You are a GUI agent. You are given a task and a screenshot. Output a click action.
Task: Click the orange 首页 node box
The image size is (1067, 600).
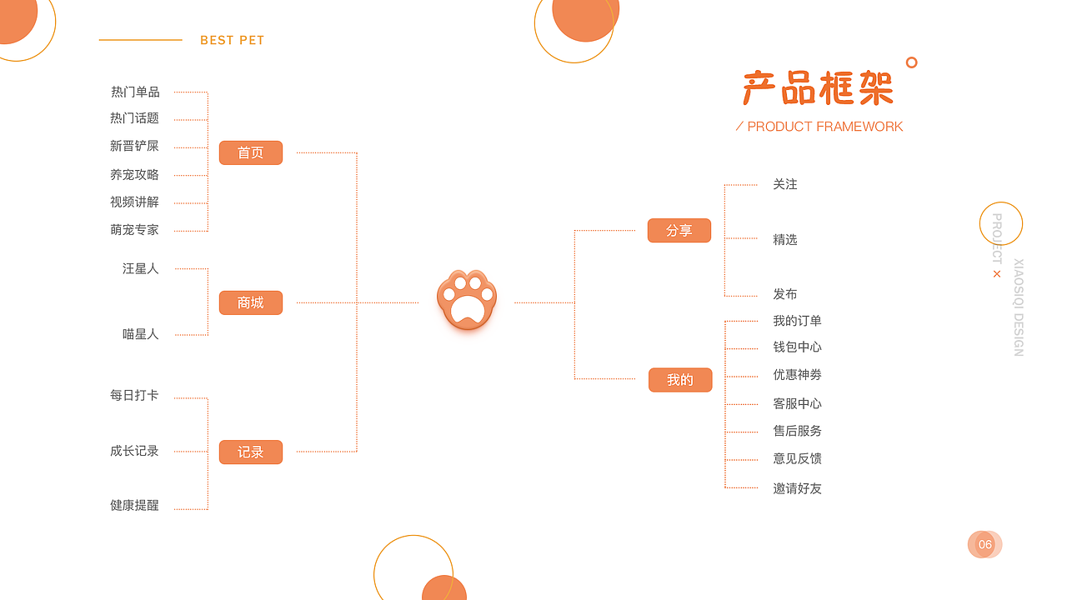click(x=250, y=152)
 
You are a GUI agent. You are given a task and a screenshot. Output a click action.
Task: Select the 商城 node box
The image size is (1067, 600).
click(x=250, y=302)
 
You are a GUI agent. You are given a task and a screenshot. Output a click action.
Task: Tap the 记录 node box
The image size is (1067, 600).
click(x=250, y=452)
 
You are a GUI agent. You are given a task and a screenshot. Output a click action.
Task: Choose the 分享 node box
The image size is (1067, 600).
click(x=679, y=230)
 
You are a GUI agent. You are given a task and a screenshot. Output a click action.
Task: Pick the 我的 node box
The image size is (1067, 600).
click(x=679, y=380)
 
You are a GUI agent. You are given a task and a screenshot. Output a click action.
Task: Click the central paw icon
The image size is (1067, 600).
click(x=467, y=300)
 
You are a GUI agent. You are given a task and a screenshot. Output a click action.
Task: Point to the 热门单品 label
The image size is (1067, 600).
click(x=135, y=92)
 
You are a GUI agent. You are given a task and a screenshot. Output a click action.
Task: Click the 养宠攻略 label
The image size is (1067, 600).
click(x=134, y=175)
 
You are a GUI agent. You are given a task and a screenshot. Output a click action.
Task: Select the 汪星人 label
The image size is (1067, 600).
click(x=140, y=268)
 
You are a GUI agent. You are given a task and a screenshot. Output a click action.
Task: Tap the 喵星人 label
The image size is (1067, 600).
click(x=140, y=334)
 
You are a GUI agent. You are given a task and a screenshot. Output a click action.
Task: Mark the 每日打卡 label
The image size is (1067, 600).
click(x=134, y=395)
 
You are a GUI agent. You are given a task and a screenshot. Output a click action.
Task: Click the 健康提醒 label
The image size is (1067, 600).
click(x=134, y=505)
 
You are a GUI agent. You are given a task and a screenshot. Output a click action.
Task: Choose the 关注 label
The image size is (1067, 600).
click(x=784, y=184)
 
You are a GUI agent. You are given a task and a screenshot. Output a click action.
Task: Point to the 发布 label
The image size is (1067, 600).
click(x=784, y=294)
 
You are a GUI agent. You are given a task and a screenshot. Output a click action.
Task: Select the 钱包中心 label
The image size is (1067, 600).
click(x=797, y=347)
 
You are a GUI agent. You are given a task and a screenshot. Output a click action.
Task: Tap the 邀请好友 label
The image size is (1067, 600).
click(x=797, y=488)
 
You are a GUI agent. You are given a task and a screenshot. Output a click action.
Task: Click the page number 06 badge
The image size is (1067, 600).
click(x=984, y=545)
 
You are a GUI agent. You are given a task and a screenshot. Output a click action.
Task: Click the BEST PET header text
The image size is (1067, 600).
click(x=232, y=40)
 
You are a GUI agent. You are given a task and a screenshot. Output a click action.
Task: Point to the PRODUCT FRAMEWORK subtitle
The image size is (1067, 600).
click(x=824, y=127)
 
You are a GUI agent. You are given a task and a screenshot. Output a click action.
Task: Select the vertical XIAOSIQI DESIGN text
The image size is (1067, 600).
click(x=1018, y=307)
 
